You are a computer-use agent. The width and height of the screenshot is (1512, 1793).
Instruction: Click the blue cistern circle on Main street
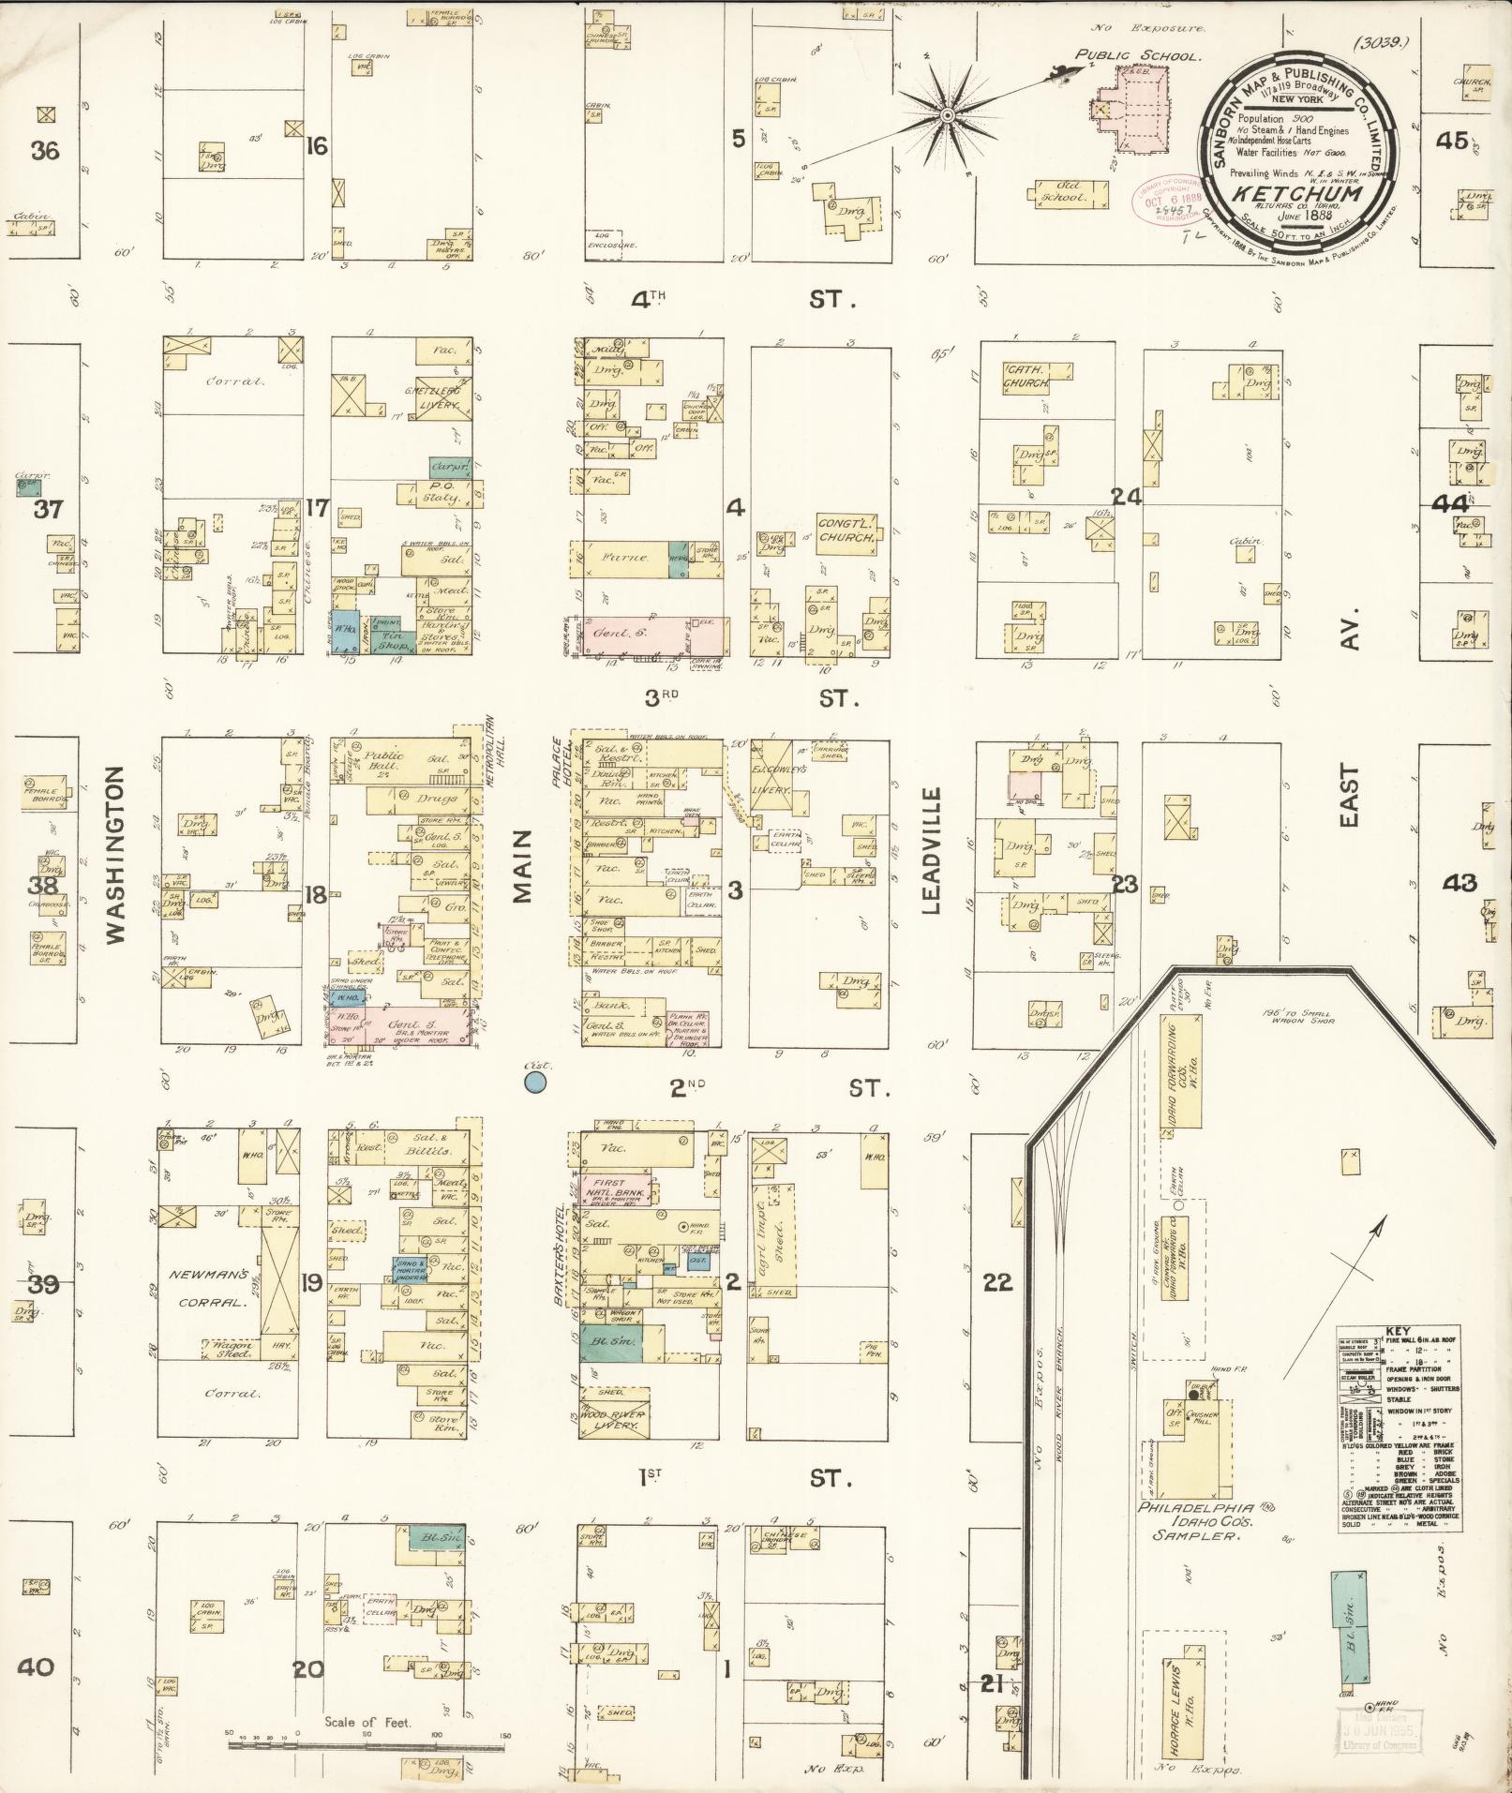[535, 1083]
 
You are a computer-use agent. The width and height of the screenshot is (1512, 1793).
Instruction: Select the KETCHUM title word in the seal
[1295, 193]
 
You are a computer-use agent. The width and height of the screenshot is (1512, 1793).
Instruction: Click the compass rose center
[948, 115]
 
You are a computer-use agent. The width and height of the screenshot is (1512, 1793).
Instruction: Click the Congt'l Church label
[846, 531]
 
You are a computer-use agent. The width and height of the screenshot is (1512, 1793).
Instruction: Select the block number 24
[1126, 497]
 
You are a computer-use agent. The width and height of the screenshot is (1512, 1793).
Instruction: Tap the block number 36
[44, 150]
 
